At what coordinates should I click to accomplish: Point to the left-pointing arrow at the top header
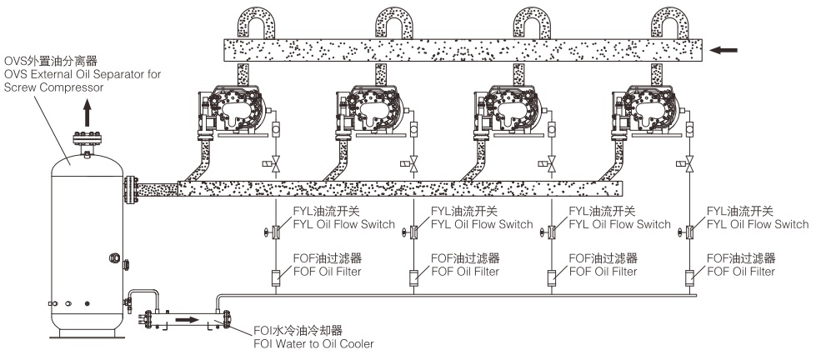724,51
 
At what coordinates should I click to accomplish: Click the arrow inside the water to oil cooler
188,318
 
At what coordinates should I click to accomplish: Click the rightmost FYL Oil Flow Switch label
756,217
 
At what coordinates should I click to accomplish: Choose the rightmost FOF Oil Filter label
741,265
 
